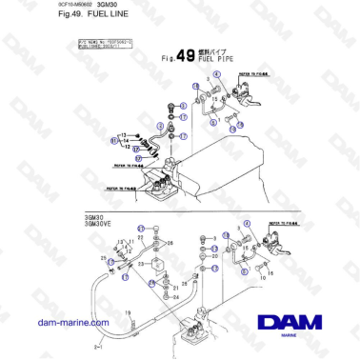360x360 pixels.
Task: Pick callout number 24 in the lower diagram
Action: (x=175, y=296)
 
